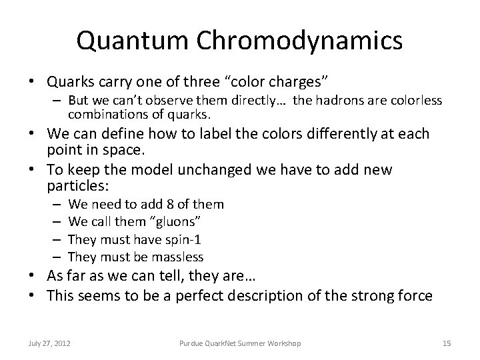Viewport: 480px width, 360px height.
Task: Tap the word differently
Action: [323, 134]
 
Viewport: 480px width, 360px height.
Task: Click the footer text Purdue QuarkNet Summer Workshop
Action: [239, 343]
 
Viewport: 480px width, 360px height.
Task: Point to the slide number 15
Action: [447, 343]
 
